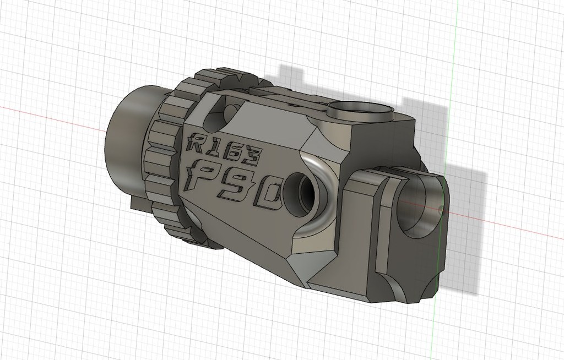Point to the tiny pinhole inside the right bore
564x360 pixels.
[x=440, y=209]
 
